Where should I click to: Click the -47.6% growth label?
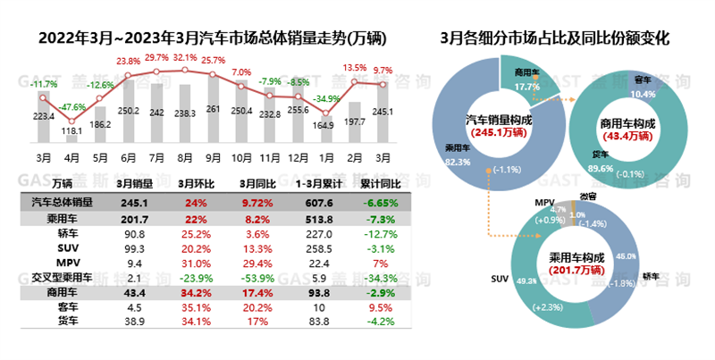tap(72, 106)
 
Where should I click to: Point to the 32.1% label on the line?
tap(185, 57)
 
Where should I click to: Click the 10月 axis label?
tap(241, 157)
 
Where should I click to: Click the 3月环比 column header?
tap(195, 182)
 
